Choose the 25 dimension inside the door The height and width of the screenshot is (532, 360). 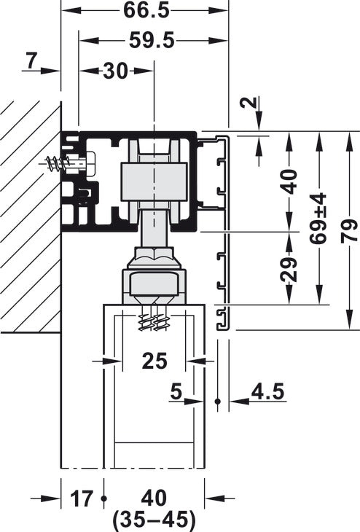click(154, 360)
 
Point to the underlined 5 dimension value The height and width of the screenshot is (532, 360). click(175, 391)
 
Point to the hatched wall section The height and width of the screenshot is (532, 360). click(29, 219)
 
